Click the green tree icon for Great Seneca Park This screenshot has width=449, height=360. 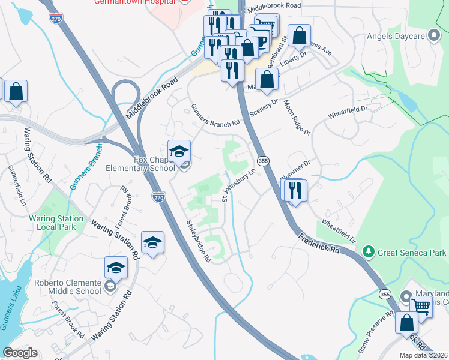pos(370,253)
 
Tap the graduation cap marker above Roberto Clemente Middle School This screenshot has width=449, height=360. pos(116,268)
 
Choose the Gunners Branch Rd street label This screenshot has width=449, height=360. pos(215,116)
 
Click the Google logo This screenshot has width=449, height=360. pos(20,353)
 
